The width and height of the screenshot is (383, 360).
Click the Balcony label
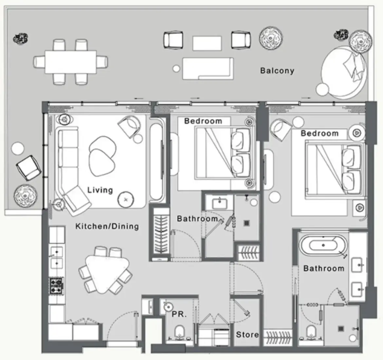click(x=277, y=71)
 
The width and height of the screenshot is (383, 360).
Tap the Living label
click(x=100, y=190)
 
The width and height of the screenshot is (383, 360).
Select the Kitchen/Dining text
click(x=107, y=226)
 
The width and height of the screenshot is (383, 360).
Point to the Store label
click(x=247, y=334)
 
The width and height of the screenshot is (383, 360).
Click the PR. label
click(x=179, y=314)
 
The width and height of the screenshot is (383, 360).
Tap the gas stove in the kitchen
click(x=56, y=285)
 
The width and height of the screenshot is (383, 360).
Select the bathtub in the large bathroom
click(x=323, y=245)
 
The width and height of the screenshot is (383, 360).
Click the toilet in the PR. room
click(x=179, y=333)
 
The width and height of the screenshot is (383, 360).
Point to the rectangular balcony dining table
click(x=71, y=62)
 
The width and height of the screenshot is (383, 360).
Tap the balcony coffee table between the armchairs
click(x=207, y=43)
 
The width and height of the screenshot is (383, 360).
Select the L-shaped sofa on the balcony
click(x=208, y=69)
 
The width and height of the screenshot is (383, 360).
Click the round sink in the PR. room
click(x=168, y=307)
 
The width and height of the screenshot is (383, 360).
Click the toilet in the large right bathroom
click(x=311, y=332)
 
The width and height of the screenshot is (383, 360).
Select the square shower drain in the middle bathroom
click(x=247, y=223)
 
